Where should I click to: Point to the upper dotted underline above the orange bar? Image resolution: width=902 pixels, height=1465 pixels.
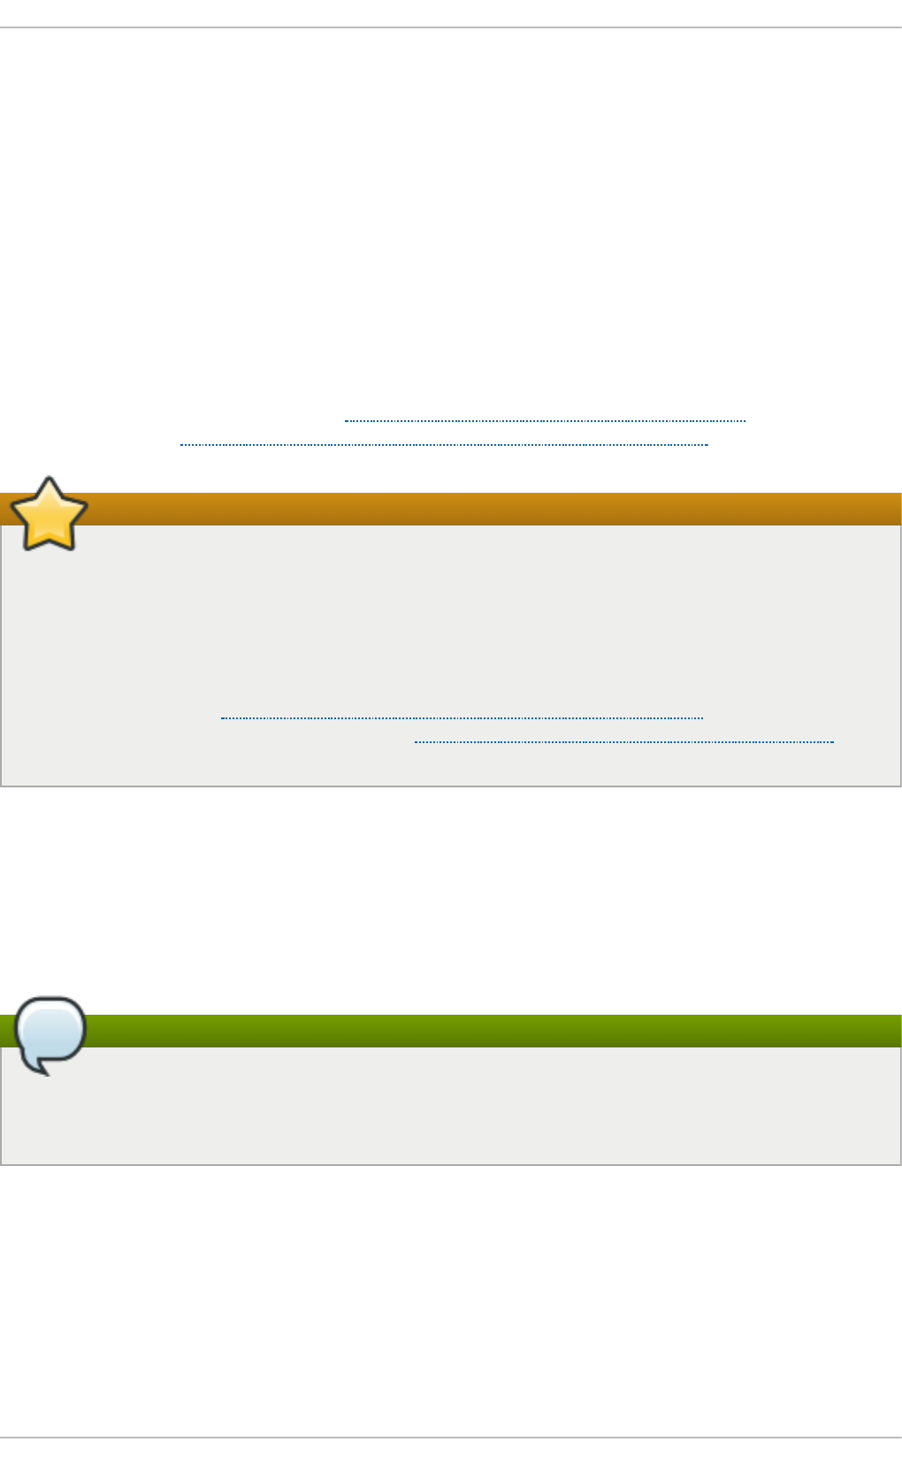click(x=545, y=421)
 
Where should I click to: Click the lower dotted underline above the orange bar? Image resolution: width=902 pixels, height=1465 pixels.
click(x=444, y=444)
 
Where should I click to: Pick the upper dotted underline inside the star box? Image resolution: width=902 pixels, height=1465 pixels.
click(x=462, y=717)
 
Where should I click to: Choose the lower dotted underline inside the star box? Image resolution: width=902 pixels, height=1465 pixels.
click(x=623, y=741)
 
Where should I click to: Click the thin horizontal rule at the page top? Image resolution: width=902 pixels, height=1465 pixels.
click(x=451, y=27)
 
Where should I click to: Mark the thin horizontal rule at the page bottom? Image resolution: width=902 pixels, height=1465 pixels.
click(x=451, y=1438)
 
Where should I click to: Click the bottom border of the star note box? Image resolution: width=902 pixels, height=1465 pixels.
click(x=451, y=786)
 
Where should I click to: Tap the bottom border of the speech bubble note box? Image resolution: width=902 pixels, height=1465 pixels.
click(x=451, y=1164)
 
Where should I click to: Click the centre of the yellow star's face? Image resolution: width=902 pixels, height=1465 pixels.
click(x=49, y=517)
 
